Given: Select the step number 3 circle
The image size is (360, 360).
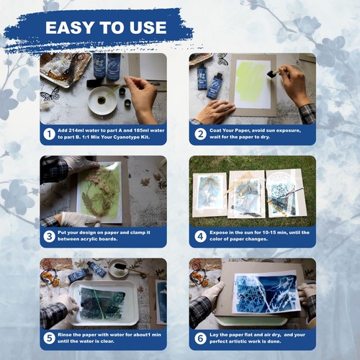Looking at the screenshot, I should pos(49,236).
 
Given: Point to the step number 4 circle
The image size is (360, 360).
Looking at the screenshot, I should pos(199,236).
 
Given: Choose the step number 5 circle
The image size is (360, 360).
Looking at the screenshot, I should pos(49,338).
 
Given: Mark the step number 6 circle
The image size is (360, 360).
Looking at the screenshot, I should pos(199,338).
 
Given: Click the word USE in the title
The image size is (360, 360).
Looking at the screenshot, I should pos(148,29).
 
